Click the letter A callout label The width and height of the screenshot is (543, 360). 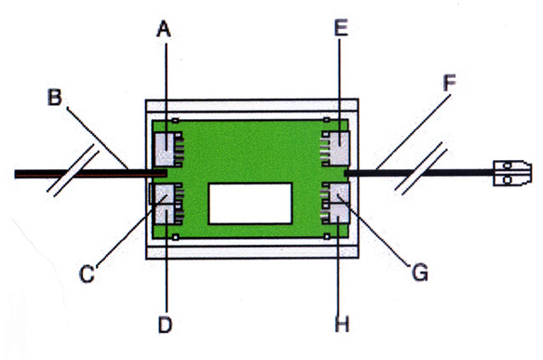click(x=164, y=29)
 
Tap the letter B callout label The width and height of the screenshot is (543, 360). click(x=54, y=98)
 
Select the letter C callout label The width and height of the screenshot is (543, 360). click(x=87, y=274)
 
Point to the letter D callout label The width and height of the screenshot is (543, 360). click(x=166, y=325)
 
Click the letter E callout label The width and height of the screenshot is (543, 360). click(x=341, y=28)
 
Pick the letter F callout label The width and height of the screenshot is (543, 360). click(x=450, y=82)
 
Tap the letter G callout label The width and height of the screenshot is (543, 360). click(x=420, y=272)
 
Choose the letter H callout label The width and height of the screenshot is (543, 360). click(x=342, y=325)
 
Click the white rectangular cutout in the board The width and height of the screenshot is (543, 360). click(x=251, y=204)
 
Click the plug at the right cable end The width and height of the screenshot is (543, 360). click(x=512, y=173)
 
